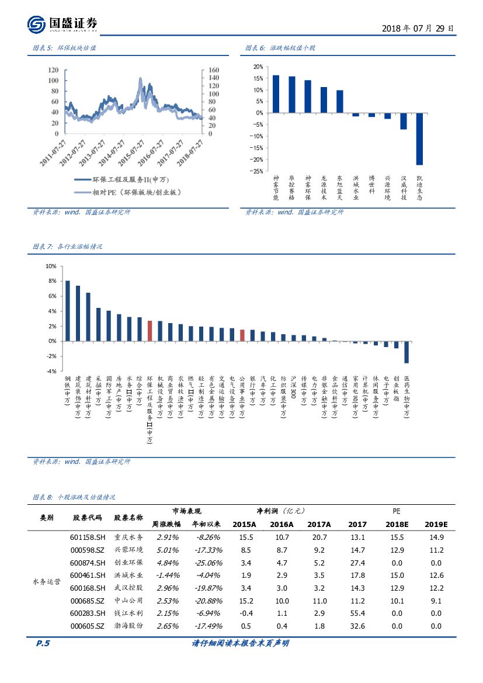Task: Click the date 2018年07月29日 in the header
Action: coord(417,28)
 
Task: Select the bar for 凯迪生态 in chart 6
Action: coord(419,139)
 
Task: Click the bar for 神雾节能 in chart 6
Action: coord(276,94)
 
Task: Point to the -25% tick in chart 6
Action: coord(255,171)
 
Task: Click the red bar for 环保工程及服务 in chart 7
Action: coord(150,331)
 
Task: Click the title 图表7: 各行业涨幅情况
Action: coord(68,247)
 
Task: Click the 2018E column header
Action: coord(397,524)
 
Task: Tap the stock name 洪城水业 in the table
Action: coord(128,575)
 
